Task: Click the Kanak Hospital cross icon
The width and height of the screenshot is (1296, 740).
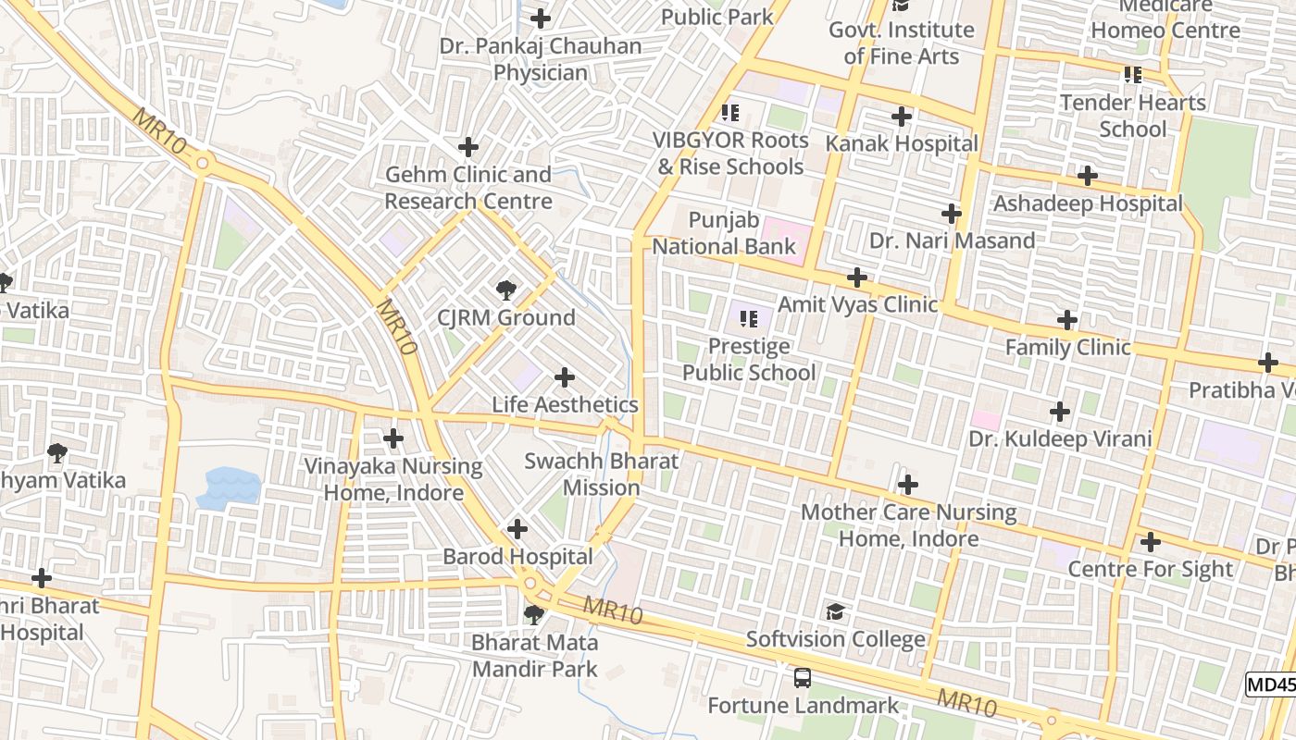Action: tap(901, 117)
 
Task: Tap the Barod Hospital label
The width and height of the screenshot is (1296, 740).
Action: tap(517, 557)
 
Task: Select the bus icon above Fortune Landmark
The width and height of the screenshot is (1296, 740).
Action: tap(803, 678)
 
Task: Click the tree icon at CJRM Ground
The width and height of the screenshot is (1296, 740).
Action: tap(505, 290)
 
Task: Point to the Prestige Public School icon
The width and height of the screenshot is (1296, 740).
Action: tap(749, 319)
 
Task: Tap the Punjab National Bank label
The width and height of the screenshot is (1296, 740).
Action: tap(724, 234)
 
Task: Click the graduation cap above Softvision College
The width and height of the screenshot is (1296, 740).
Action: tap(835, 611)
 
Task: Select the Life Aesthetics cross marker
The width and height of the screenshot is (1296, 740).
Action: tap(564, 377)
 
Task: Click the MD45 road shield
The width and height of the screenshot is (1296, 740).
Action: tap(1271, 684)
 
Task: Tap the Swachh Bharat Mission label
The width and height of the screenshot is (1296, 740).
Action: tap(601, 474)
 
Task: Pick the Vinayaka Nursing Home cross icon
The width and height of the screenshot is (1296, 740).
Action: tap(393, 438)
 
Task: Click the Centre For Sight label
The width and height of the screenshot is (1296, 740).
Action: tap(1151, 569)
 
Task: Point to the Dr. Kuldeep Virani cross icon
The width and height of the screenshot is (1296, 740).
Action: tap(1060, 412)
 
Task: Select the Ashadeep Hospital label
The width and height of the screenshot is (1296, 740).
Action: tap(1088, 203)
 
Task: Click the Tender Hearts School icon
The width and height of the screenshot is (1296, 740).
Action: tap(1132, 75)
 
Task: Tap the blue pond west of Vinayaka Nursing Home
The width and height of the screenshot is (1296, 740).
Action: tap(227, 487)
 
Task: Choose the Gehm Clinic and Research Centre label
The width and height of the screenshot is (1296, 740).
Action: tap(468, 188)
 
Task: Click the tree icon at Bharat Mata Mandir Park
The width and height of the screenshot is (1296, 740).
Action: tap(533, 614)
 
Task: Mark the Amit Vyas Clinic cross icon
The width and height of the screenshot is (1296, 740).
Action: tap(857, 277)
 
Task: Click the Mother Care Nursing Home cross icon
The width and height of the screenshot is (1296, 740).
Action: tap(908, 485)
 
